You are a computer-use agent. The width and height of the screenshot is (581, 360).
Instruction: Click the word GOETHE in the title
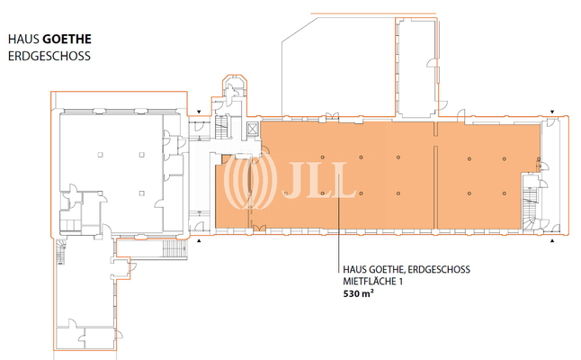pos(67,40)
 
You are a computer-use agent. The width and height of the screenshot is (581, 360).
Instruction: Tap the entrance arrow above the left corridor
pos(199,112)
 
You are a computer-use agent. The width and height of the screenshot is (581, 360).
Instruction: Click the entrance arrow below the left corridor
pos(200,240)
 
